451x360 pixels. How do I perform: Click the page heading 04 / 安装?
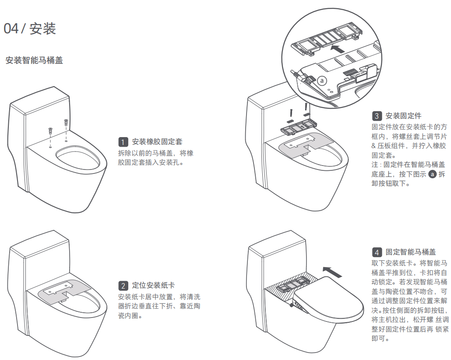(30, 28)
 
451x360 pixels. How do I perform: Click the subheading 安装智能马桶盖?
(34, 60)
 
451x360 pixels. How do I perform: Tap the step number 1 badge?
(123, 142)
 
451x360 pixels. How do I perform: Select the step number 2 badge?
(123, 286)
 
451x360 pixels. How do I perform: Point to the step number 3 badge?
(377, 116)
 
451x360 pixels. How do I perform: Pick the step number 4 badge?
(377, 252)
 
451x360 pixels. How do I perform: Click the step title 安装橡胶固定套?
(157, 142)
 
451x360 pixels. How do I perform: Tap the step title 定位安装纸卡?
(154, 286)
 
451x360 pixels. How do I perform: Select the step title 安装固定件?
(403, 116)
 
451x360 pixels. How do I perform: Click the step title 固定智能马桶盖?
(411, 252)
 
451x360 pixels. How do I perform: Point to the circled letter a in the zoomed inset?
(322, 81)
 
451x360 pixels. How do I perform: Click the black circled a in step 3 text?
(433, 174)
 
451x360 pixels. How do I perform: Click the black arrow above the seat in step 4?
(331, 272)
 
